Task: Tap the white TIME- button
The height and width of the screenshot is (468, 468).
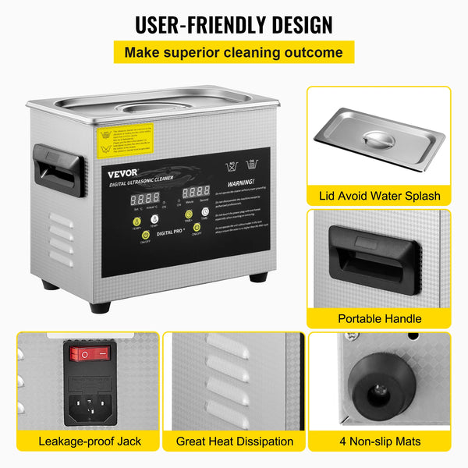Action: tap(206, 211)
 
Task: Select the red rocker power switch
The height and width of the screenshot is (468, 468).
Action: tap(90, 353)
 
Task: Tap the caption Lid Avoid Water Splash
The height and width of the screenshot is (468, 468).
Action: tap(379, 196)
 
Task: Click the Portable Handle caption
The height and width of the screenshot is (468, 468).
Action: tap(379, 318)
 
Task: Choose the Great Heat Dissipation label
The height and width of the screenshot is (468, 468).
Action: tap(234, 441)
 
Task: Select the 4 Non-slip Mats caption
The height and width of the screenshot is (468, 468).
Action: tap(379, 441)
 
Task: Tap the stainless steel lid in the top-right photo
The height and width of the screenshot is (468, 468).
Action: tap(379, 140)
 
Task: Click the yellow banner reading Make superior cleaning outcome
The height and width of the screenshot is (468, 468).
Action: tap(233, 52)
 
